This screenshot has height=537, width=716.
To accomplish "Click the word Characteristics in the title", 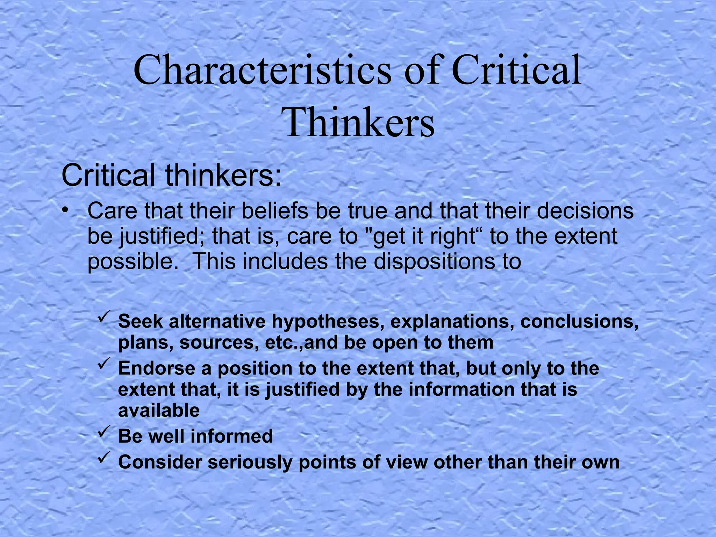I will (x=262, y=71).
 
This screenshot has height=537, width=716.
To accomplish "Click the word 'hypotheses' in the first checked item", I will (x=325, y=322).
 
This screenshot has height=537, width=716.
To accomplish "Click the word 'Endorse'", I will (x=155, y=368).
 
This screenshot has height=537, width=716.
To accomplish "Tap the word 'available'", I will (x=159, y=410).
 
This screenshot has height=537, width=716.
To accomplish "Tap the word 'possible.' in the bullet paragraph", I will (x=133, y=262).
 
